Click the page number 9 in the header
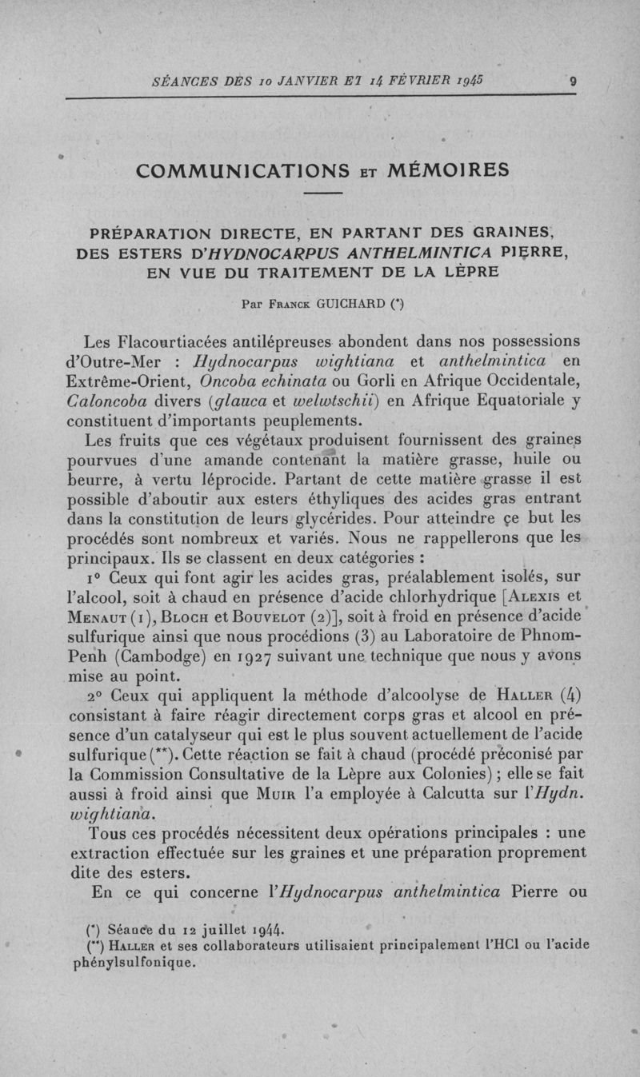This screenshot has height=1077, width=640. (573, 81)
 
